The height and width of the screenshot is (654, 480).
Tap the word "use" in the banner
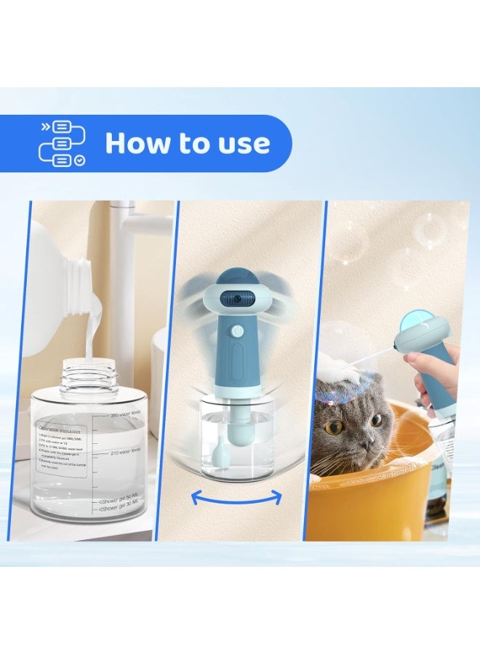(x=244, y=144)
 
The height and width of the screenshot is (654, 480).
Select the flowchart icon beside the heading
(x=61, y=143)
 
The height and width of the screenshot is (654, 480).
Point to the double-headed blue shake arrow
(x=236, y=497)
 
